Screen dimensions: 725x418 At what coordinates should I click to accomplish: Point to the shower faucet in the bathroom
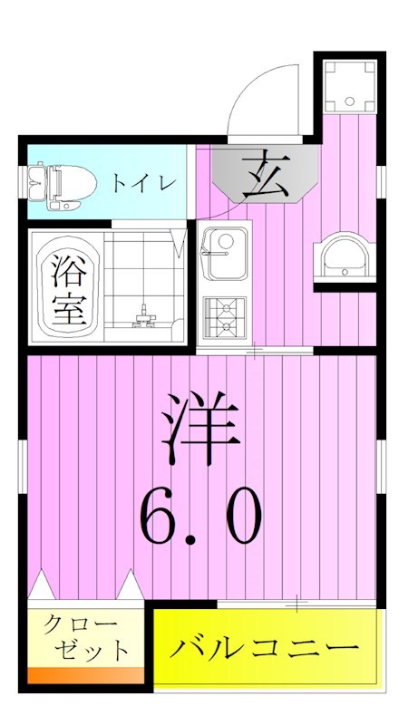[144, 316]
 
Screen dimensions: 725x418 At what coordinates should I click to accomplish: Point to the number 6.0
[201, 515]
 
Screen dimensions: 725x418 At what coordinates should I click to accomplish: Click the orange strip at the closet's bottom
[86, 675]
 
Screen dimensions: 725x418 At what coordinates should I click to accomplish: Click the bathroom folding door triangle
[181, 243]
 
